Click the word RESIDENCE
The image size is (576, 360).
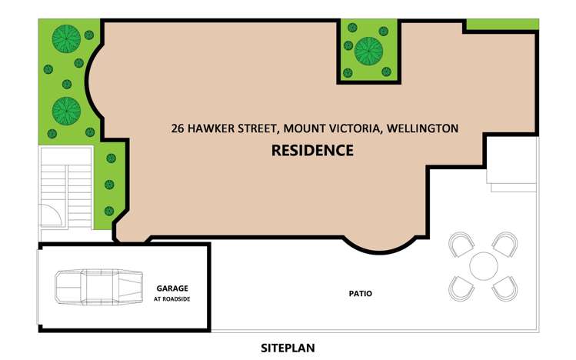[312, 151]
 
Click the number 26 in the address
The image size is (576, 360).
[178, 128]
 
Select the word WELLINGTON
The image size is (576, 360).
[422, 128]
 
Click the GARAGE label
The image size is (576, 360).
[171, 288]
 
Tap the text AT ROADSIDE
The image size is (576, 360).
[171, 298]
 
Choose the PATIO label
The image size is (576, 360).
[360, 293]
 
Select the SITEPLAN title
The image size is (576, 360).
[288, 348]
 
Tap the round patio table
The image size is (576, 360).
[483, 266]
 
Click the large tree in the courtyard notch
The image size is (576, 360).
[368, 50]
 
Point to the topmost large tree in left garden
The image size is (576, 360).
[67, 38]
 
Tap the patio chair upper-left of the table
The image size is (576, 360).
[461, 246]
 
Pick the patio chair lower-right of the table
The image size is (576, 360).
[504, 288]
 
